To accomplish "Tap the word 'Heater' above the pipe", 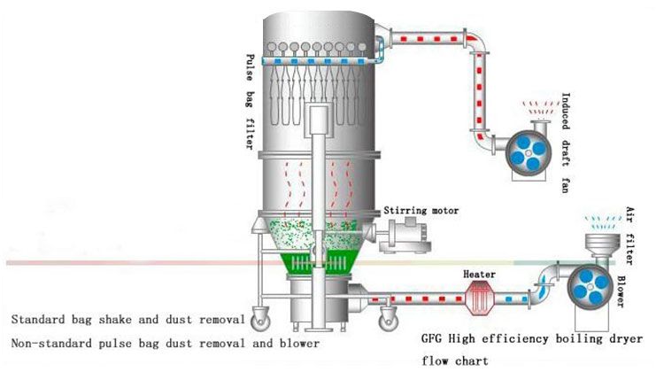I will coord(479,275).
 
